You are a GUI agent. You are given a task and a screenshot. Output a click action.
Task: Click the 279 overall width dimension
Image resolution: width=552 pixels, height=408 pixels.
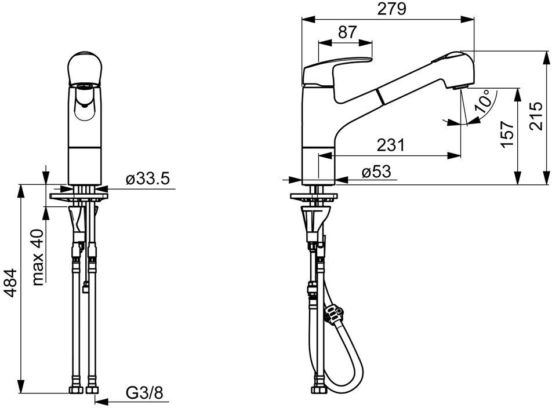(x=389, y=10)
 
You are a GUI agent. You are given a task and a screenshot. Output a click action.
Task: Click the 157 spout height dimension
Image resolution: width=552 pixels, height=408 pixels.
(x=507, y=134)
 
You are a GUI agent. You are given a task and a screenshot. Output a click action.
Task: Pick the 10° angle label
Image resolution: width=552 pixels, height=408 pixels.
(x=482, y=103)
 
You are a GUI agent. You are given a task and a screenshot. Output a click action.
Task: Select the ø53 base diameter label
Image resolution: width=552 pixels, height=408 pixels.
(x=375, y=172)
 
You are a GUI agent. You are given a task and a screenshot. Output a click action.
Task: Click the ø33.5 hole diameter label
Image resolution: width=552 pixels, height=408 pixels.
(x=148, y=179)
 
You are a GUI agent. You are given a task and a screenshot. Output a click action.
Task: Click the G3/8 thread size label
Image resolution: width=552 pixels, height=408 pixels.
(x=145, y=394)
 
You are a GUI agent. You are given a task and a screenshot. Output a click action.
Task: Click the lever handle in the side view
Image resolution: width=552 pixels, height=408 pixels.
(x=336, y=70)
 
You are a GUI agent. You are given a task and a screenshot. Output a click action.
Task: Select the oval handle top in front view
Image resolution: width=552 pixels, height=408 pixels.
(x=86, y=70)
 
